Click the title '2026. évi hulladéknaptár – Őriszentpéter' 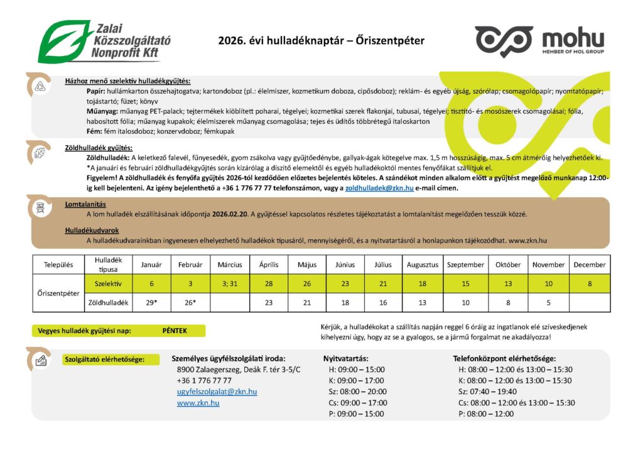point(321,41)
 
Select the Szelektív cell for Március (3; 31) point(230,283)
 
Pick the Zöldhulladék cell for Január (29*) point(151,302)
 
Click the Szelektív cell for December point(589,283)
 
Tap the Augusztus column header point(422,265)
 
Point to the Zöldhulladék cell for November point(548,302)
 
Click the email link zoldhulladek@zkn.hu point(380,188)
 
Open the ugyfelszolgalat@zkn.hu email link point(217,392)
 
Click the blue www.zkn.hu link point(198,403)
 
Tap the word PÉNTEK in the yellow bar point(175,331)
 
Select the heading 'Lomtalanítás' point(85,204)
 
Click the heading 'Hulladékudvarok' point(92,230)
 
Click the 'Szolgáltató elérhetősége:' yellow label point(104,359)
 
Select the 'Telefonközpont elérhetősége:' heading point(504,358)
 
